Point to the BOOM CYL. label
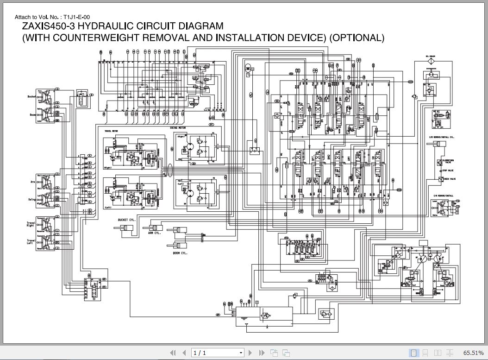pos(180,253)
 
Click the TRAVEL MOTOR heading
pos(112,131)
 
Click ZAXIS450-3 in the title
pos(48,26)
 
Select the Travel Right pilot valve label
pos(31,225)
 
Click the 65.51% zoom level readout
pos(473,353)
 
